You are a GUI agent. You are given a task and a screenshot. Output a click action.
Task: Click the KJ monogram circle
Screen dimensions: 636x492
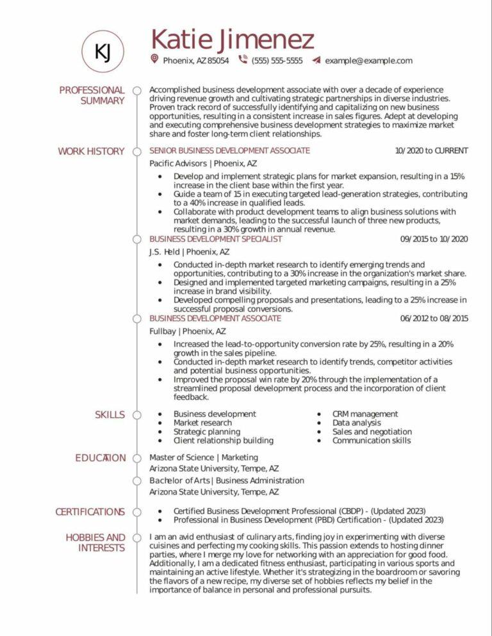(102, 51)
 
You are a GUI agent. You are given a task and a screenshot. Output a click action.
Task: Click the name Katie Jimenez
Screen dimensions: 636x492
(233, 40)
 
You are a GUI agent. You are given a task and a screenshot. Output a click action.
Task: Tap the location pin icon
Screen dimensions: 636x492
(154, 60)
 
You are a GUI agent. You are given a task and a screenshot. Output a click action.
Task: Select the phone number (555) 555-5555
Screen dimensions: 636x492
(277, 61)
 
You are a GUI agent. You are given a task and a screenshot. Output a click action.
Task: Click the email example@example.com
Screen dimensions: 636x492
(368, 61)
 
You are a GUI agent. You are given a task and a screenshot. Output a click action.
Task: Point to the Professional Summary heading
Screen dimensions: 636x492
(92, 95)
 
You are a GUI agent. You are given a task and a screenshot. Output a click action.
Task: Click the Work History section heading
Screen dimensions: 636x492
(91, 151)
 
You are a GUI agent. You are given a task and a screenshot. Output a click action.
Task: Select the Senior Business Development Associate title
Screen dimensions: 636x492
(229, 151)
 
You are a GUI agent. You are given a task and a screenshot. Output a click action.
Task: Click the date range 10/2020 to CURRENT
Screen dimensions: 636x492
(431, 151)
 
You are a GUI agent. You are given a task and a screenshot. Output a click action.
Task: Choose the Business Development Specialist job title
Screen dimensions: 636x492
(215, 239)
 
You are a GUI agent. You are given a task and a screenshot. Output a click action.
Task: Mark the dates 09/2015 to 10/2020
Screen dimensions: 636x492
(434, 239)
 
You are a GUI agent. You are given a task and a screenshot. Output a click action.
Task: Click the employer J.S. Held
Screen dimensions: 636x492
(164, 251)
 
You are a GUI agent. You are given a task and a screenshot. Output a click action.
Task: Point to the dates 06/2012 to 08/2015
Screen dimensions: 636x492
(434, 319)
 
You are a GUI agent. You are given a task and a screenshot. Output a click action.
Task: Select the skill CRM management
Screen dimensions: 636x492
(365, 414)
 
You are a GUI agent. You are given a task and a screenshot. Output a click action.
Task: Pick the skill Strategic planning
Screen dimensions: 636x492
(206, 431)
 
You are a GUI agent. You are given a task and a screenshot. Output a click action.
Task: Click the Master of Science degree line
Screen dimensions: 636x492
(204, 457)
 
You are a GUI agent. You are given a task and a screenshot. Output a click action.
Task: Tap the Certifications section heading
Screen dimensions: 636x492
(90, 512)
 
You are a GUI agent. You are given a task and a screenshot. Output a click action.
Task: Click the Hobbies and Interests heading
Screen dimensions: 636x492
(95, 543)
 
